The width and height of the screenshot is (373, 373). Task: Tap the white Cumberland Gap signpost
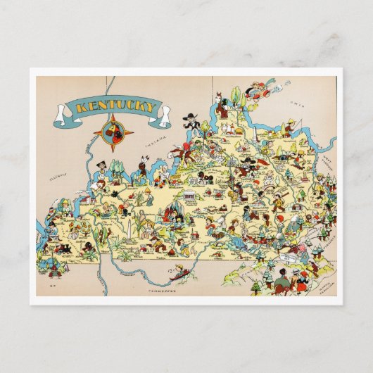pyautogui.click(x=287, y=260)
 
